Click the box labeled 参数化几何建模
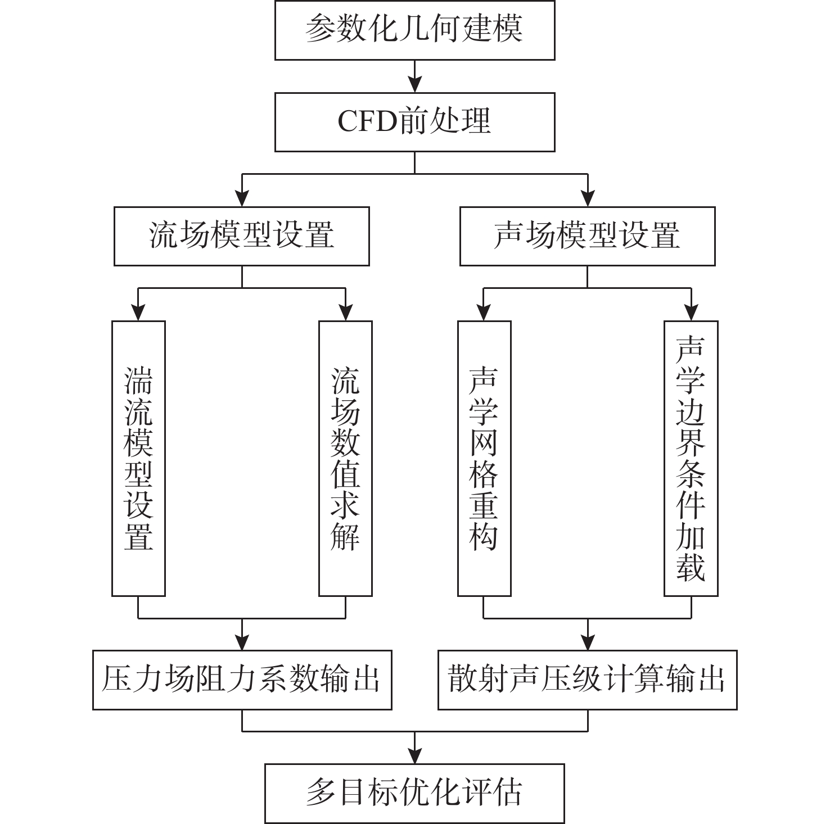(415, 30)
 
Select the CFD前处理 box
(415, 122)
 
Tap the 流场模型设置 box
(242, 236)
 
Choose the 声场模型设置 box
(588, 236)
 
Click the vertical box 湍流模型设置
(138, 458)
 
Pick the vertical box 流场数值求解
(345, 458)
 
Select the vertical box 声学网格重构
(484, 458)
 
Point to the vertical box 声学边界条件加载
(691, 458)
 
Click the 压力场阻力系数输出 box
(242, 680)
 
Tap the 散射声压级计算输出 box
(588, 680)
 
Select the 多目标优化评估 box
(415, 794)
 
